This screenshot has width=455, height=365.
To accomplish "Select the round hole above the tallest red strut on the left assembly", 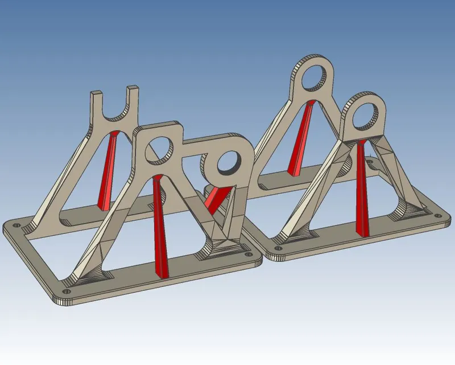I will [160, 148].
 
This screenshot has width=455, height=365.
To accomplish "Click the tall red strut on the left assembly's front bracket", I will [161, 228].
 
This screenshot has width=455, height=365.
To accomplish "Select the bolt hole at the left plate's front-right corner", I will [248, 256].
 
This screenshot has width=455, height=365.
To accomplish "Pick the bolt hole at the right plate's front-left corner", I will [277, 249].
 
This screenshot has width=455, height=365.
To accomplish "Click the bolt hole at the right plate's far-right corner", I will [438, 215].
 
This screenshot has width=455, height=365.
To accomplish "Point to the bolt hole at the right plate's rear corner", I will [372, 162].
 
